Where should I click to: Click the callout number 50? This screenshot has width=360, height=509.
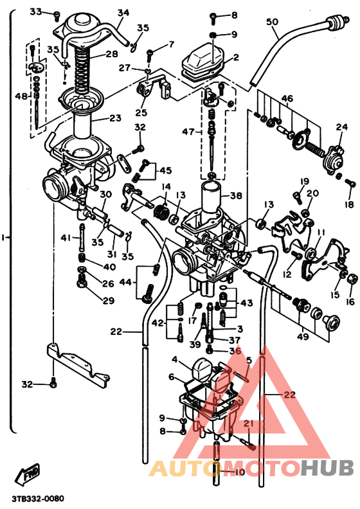(273, 22)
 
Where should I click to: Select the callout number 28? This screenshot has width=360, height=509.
(112, 54)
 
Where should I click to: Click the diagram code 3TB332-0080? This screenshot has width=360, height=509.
(37, 499)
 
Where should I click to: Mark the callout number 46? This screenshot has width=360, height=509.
(287, 98)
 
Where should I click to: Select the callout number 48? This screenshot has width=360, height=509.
(22, 96)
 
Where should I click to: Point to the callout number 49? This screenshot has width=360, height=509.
(301, 336)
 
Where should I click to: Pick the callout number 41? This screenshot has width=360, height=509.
(66, 238)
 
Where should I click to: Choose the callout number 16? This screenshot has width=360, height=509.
(350, 301)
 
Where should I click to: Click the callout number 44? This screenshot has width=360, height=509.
(125, 282)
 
